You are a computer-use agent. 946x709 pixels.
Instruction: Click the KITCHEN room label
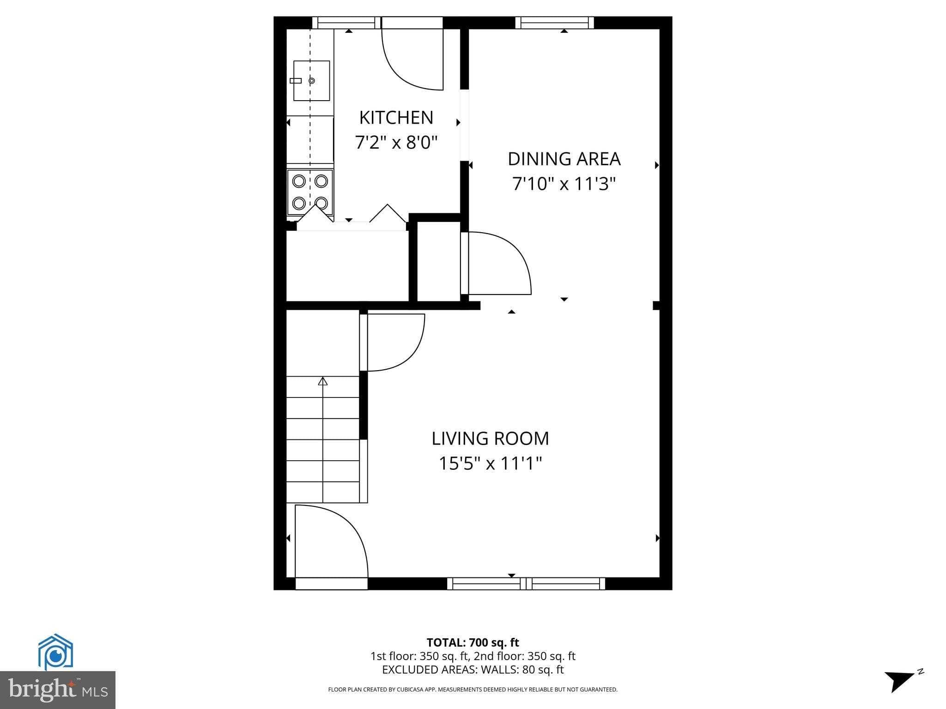396,118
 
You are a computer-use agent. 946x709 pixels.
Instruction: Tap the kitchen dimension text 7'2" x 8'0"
396,142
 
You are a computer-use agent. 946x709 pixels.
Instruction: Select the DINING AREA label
564,159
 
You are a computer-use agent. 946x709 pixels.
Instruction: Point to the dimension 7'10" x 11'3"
564,184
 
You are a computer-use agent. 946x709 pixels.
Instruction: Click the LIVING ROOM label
490,439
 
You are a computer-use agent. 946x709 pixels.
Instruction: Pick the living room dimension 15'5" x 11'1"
490,463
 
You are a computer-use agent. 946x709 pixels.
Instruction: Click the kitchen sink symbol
311,81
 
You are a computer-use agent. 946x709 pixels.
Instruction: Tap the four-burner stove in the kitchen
310,192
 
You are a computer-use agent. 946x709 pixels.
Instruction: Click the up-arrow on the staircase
322,381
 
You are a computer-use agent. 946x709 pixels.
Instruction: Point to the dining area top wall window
554,23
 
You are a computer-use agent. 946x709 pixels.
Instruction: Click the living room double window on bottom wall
526,584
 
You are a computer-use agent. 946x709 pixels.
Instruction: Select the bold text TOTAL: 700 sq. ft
473,643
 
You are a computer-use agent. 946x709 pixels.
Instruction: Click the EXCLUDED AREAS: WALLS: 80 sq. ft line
473,670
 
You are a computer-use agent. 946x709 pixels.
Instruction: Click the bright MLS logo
57,690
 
